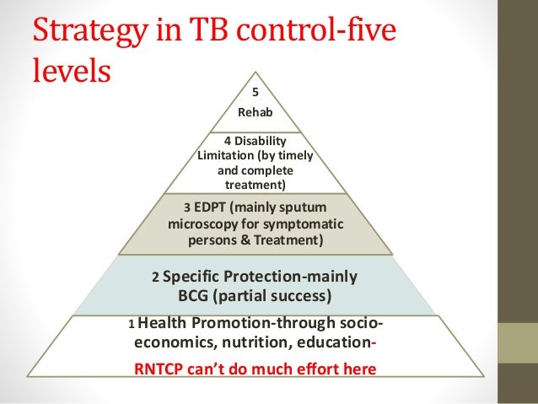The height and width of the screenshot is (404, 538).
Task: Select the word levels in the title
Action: [x=71, y=71]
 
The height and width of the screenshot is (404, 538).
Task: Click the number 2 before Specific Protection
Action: [x=154, y=277]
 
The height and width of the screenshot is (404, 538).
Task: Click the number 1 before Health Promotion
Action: [x=131, y=325]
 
